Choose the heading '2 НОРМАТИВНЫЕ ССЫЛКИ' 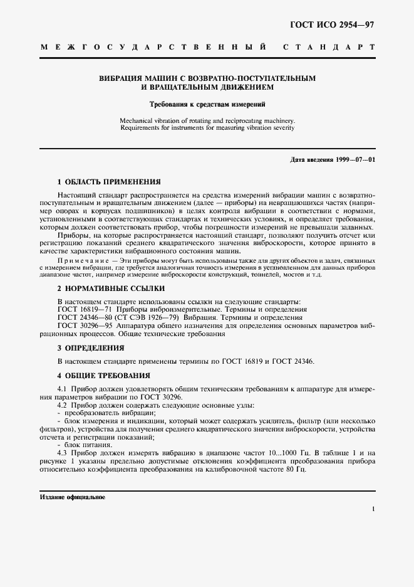[x=111, y=289]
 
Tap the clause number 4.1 [x=63, y=389]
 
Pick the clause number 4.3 [x=63, y=453]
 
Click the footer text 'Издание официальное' [x=72, y=497]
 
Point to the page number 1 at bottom [x=374, y=510]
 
